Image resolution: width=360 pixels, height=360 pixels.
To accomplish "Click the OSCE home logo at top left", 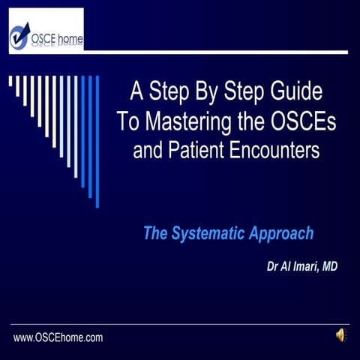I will [x=46, y=31].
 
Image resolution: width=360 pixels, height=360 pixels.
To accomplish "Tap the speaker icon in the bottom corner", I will [x=340, y=336].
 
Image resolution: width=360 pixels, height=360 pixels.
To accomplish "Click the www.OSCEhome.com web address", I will [x=58, y=338].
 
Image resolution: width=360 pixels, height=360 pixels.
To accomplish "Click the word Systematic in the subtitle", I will [x=212, y=233].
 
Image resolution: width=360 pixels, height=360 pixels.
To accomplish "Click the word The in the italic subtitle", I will [x=156, y=233].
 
